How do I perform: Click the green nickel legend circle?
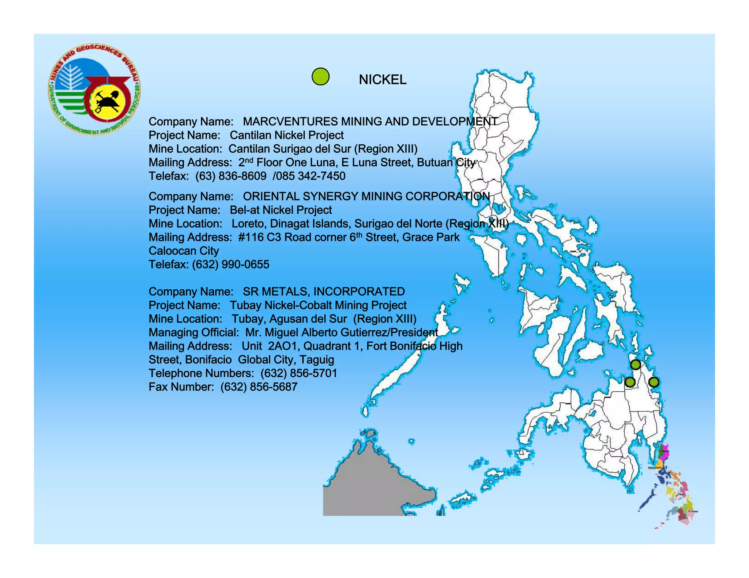tap(320, 77)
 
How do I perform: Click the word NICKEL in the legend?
tap(382, 80)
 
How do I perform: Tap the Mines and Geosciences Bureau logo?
tap(94, 90)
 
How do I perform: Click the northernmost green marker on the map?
tap(635, 364)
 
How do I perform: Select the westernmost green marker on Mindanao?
tap(629, 382)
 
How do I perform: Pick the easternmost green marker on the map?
tap(654, 382)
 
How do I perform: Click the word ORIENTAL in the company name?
tap(271, 196)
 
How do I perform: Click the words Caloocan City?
tap(184, 251)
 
